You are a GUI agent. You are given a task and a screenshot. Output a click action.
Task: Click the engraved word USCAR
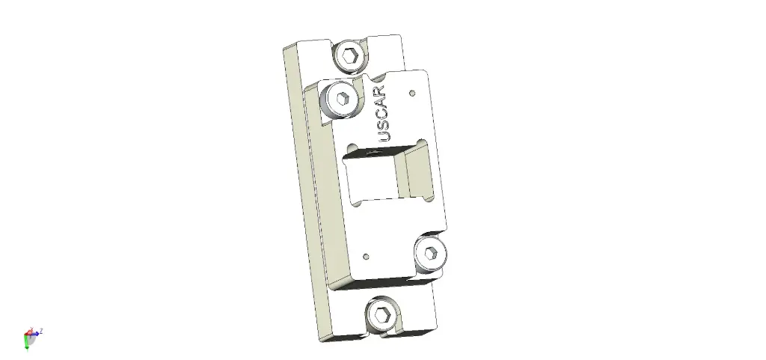tap(384, 115)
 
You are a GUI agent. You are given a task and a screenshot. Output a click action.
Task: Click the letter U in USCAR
tap(385, 137)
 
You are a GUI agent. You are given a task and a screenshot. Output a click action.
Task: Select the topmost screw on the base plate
tap(349, 55)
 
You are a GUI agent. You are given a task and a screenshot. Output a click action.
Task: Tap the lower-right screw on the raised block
tap(431, 253)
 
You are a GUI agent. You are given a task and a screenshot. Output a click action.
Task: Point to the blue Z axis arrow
tap(36, 332)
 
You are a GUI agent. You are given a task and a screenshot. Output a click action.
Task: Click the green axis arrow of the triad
tap(27, 343)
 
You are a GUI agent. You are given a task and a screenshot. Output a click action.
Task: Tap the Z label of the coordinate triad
tap(41, 330)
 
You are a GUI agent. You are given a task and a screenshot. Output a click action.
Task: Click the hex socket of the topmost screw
tap(349, 55)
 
